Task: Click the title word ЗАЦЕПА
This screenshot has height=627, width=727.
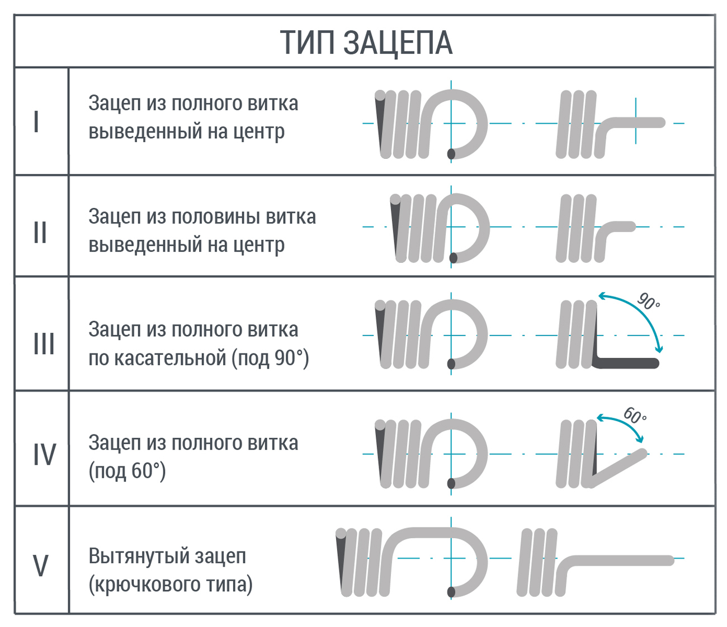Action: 397,43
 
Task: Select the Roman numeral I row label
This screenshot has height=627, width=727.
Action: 36,121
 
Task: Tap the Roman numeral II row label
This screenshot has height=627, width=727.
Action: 40,232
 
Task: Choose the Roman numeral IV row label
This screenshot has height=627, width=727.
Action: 44,454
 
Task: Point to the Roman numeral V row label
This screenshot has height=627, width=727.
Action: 40,565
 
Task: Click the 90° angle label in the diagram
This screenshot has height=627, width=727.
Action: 649,301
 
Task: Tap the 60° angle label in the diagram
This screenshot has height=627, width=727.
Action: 635,416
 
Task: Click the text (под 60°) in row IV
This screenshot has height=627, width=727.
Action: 128,471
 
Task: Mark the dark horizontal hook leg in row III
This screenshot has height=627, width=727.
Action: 626,363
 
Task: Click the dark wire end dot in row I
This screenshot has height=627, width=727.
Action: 451,153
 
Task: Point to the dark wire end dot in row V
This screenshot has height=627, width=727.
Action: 451,592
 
